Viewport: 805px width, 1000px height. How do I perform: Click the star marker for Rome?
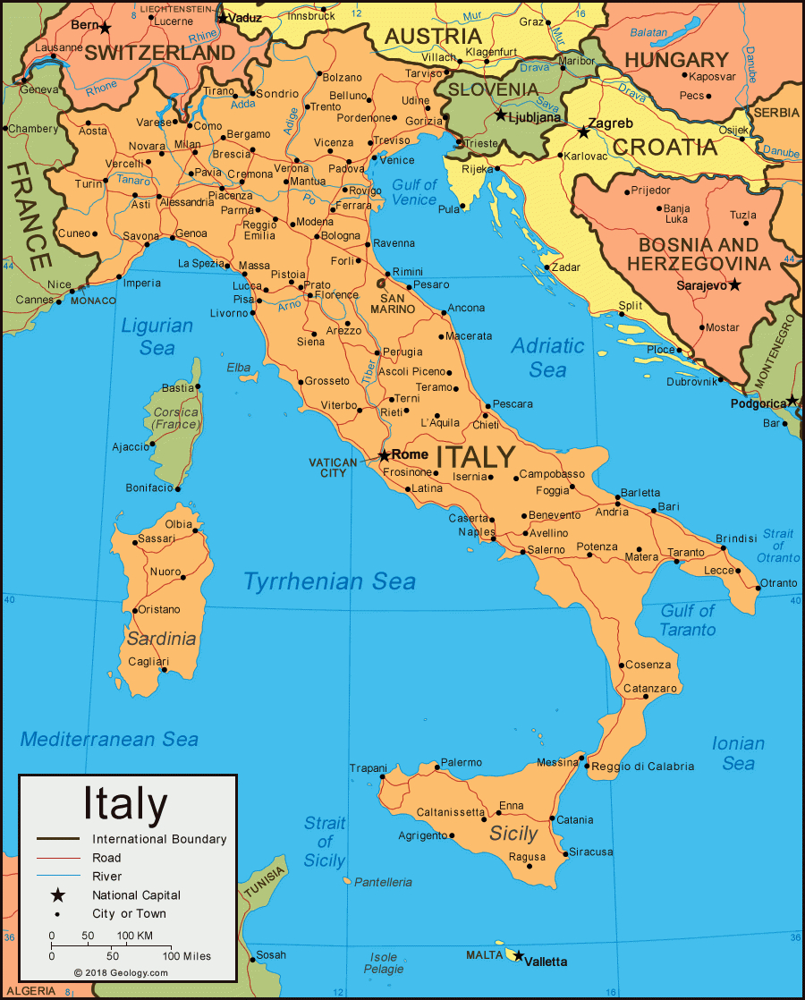385,455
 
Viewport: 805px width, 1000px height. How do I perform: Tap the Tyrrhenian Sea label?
329,581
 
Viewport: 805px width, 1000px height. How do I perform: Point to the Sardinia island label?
161,639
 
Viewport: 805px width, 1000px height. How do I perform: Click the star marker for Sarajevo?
734,284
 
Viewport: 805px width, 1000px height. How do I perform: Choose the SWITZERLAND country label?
159,53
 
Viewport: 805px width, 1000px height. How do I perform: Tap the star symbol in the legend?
58,894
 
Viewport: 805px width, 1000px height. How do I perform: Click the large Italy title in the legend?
125,803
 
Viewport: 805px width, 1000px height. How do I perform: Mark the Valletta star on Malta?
517,956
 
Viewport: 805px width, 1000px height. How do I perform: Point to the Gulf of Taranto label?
688,620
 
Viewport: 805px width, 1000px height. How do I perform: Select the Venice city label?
397,160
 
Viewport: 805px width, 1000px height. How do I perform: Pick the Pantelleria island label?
383,882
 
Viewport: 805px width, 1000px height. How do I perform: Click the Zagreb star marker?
583,132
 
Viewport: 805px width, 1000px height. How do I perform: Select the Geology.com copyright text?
121,972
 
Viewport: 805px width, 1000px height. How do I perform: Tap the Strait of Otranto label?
777,546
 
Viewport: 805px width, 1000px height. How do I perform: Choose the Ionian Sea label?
738,753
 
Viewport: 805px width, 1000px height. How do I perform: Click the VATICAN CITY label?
333,468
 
